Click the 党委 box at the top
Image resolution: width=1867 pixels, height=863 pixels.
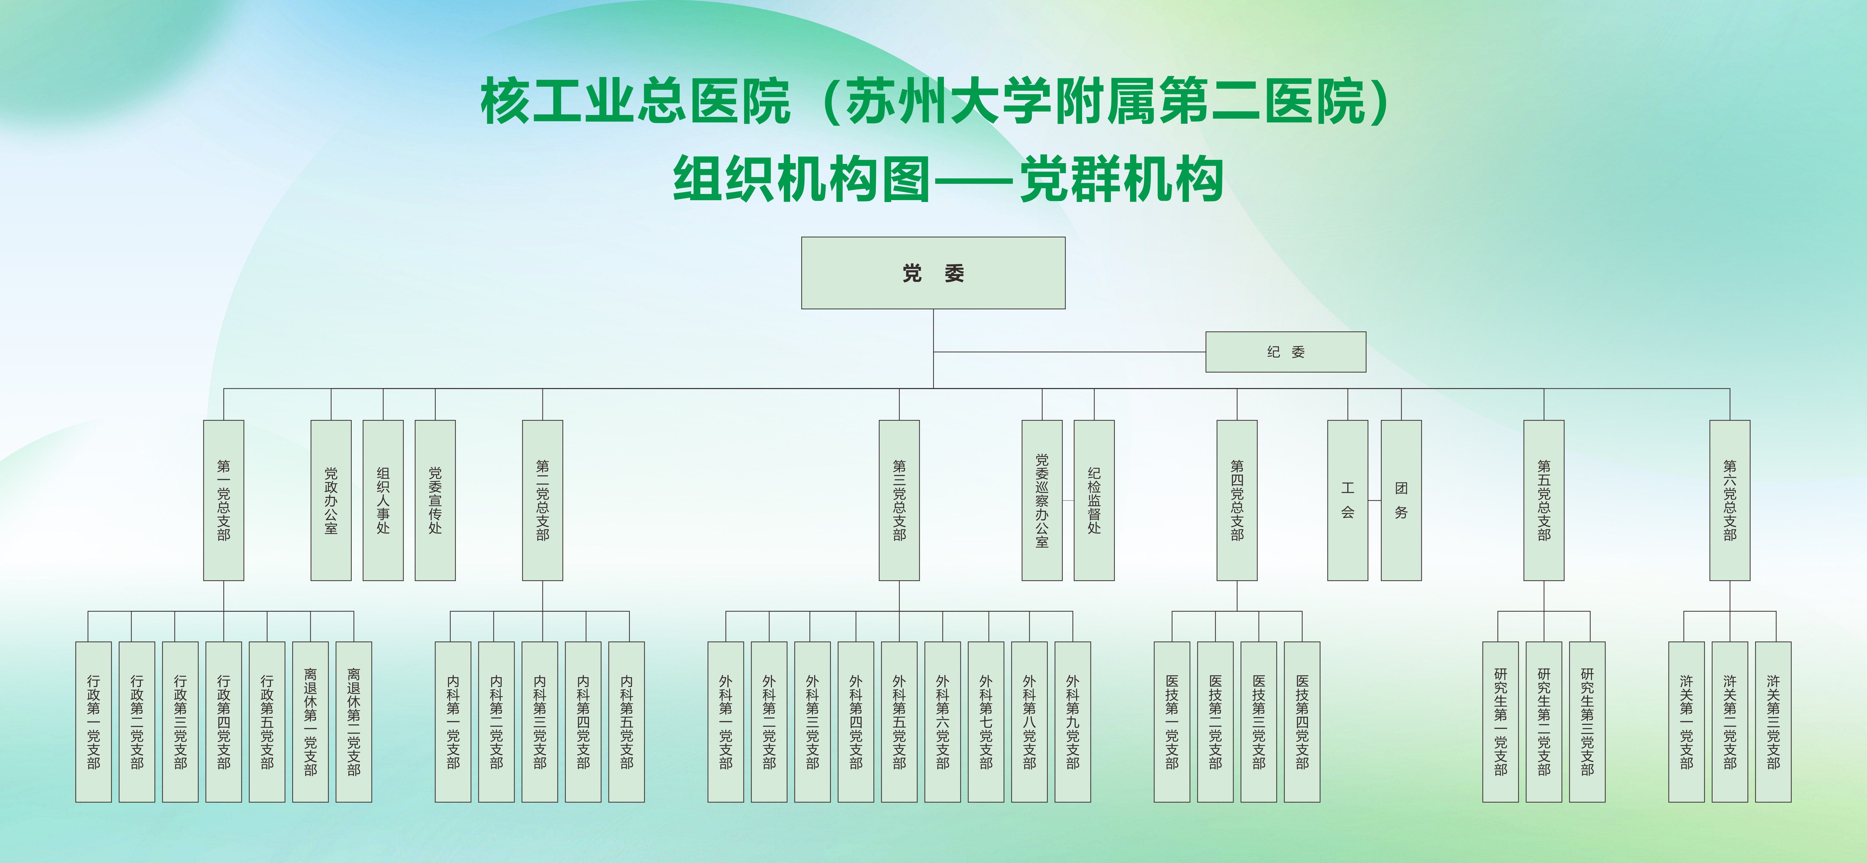pos(933,273)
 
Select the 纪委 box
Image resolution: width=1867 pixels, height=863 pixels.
pos(1286,352)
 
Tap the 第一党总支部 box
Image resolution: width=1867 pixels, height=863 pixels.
pos(223,500)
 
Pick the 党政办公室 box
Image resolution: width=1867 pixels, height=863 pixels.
pos(331,500)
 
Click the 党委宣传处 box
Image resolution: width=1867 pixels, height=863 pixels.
pos(435,500)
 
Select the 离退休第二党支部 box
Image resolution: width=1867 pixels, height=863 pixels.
pos(354,721)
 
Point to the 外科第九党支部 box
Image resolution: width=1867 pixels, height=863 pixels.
pos(1073,721)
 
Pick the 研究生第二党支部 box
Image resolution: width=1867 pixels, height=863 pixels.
pos(1544,721)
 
